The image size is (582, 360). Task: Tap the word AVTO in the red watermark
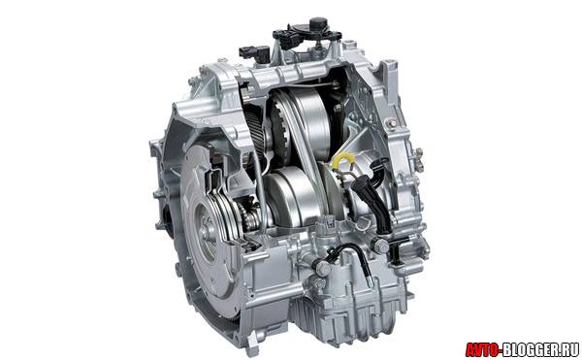[482, 349]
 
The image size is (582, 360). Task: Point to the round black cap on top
[317, 22]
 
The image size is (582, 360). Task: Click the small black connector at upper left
[254, 50]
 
